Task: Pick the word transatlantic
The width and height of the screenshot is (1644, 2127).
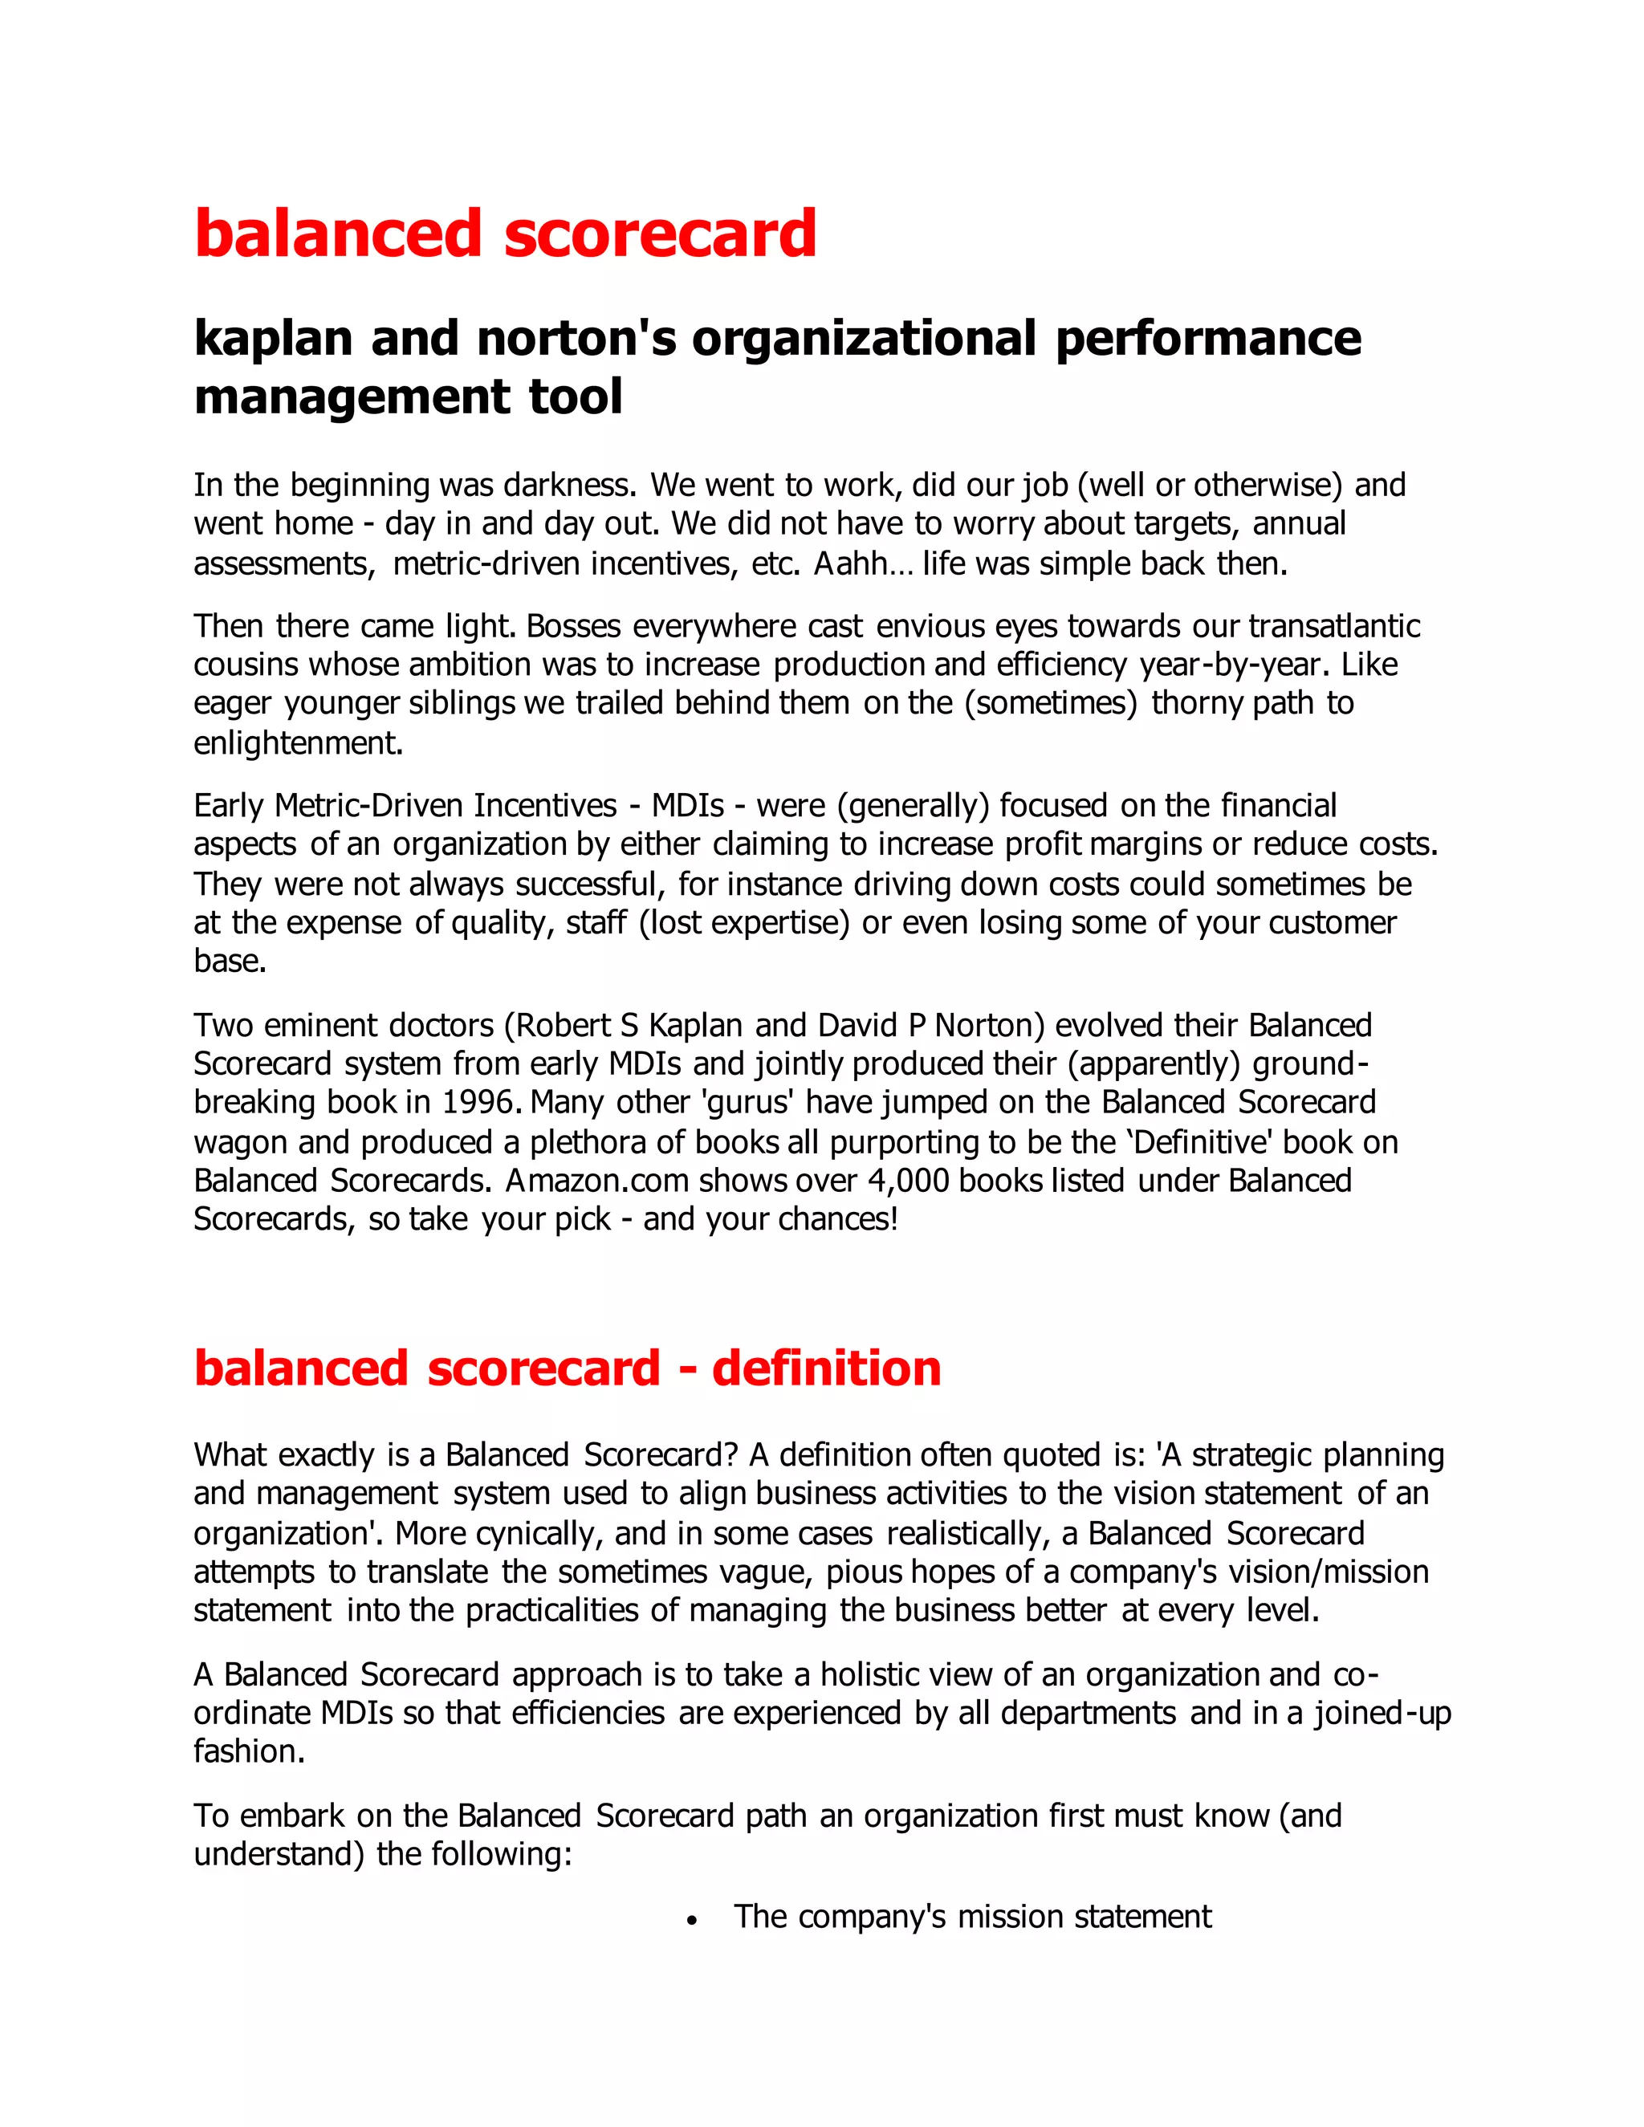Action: (x=1334, y=626)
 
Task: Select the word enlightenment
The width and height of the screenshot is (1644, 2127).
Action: (x=298, y=743)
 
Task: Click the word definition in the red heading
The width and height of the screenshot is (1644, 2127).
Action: (x=827, y=1369)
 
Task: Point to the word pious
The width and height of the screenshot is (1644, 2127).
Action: (x=861, y=1572)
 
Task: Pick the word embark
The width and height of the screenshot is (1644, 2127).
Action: (x=292, y=1816)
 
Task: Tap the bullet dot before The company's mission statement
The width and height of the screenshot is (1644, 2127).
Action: (x=691, y=1920)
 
